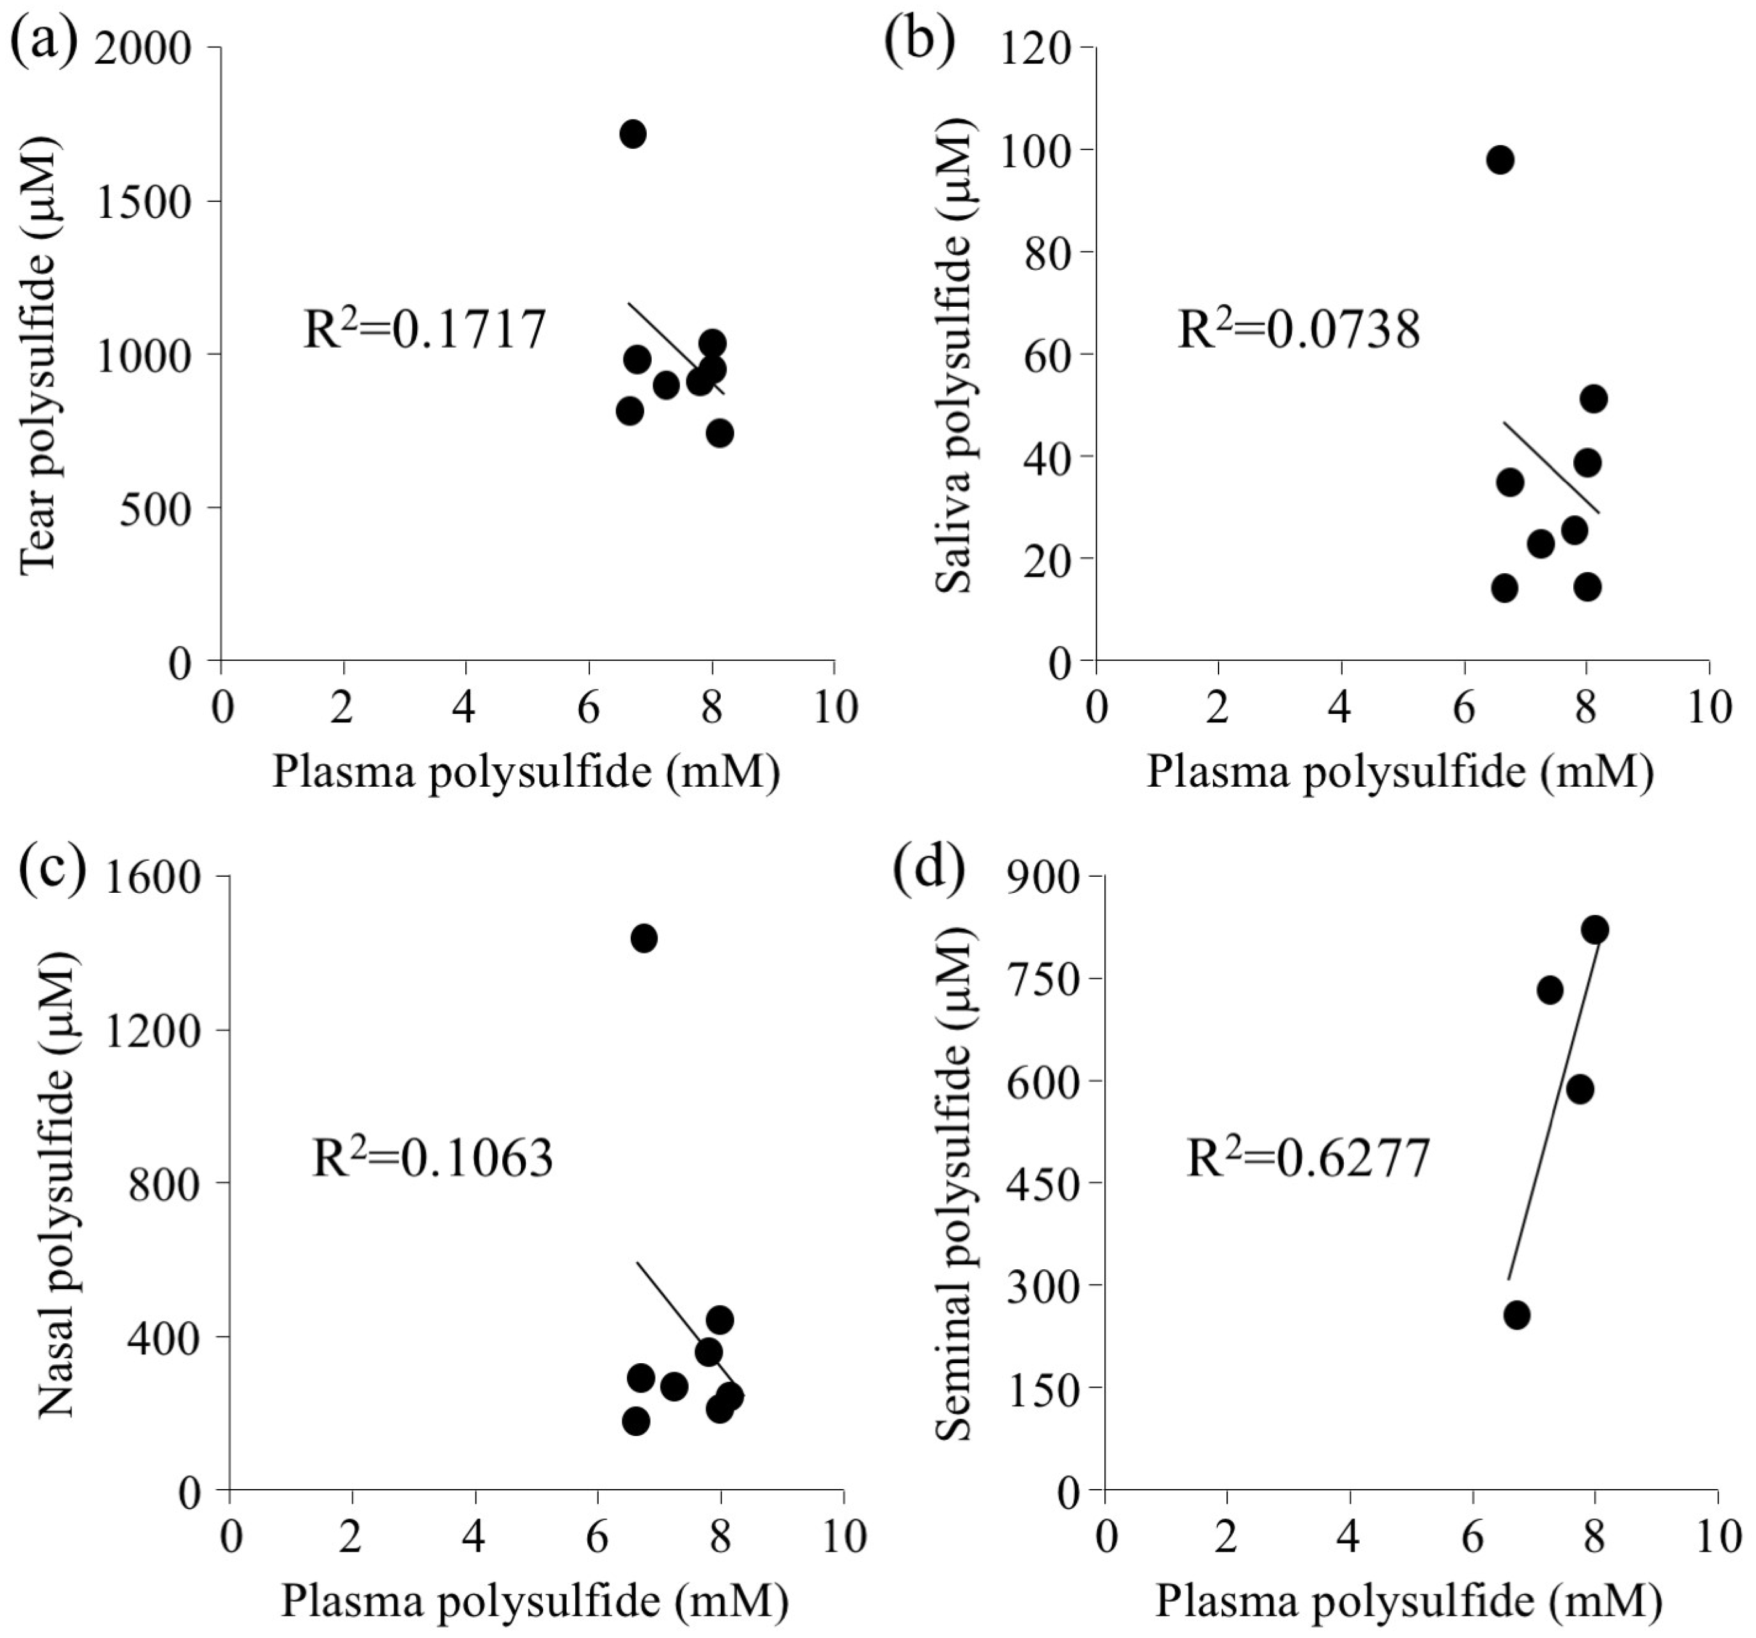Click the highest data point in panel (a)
pyautogui.click(x=633, y=134)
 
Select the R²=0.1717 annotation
pyautogui.click(x=424, y=331)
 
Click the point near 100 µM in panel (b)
pyautogui.click(x=1500, y=160)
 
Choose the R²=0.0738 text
pyautogui.click(x=1299, y=331)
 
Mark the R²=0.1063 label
pyautogui.click(x=433, y=1158)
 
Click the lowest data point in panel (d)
pyautogui.click(x=1516, y=1315)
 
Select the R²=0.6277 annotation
pyautogui.click(x=1307, y=1158)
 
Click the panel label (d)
pyautogui.click(x=926, y=871)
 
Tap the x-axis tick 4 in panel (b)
pyautogui.click(x=1340, y=707)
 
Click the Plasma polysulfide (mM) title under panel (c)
pyautogui.click(x=534, y=1600)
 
